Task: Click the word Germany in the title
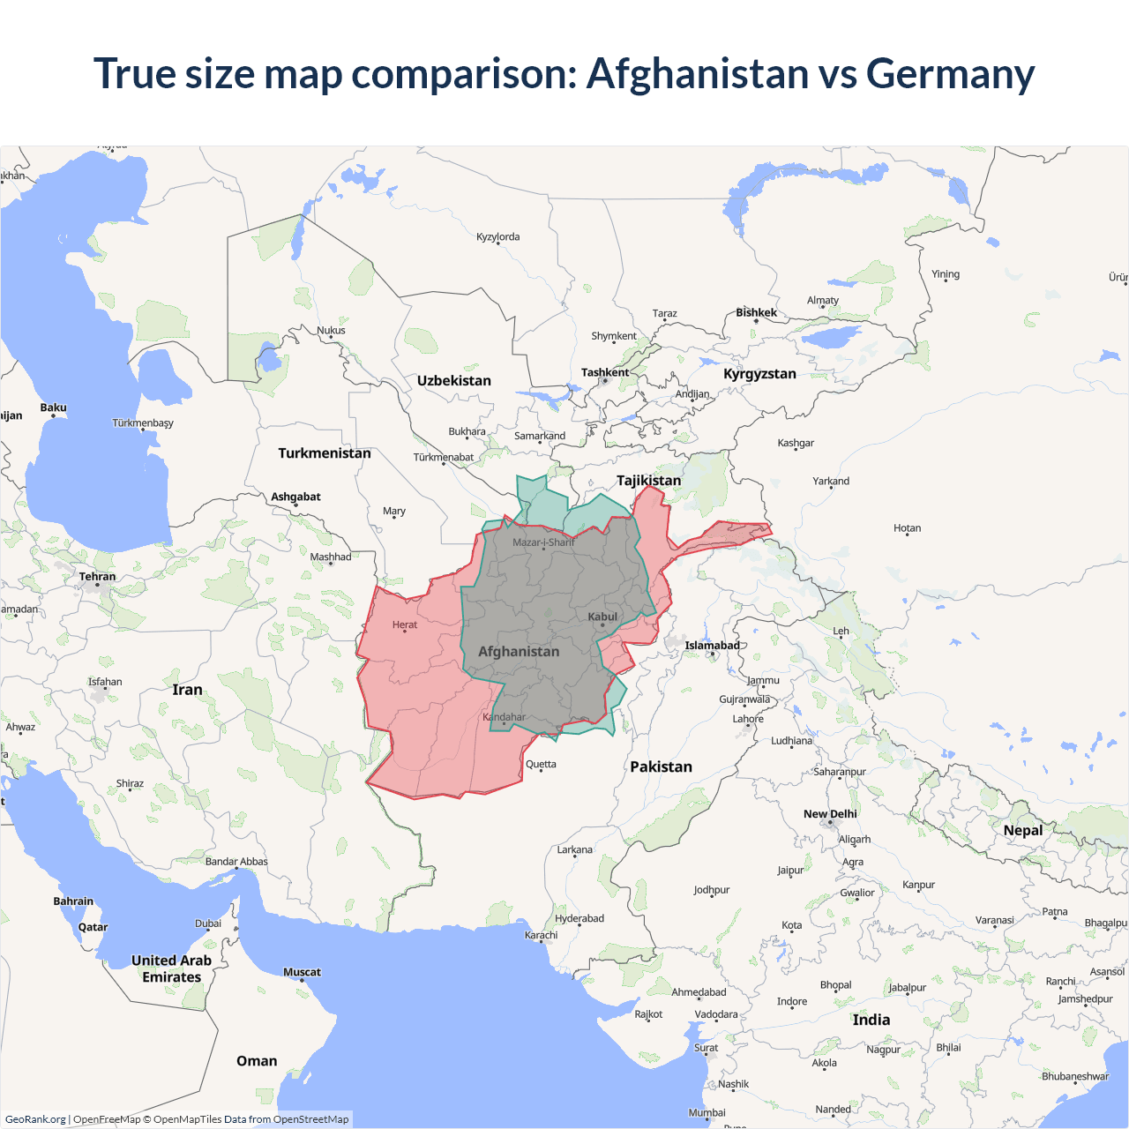[x=950, y=74]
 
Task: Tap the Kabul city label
[x=602, y=617]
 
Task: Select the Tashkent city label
[x=605, y=372]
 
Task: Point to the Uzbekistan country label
[x=454, y=380]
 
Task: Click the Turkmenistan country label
[x=325, y=452]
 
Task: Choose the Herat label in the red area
[x=405, y=624]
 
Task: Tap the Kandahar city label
[x=505, y=716]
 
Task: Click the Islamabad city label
[x=712, y=645]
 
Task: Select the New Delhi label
[x=830, y=813]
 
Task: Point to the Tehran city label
[x=97, y=576]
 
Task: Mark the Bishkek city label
[x=757, y=312]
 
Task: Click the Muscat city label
[x=302, y=972]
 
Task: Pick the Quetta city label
[x=541, y=764]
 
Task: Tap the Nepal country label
[x=1023, y=830]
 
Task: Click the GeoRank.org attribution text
[x=35, y=1119]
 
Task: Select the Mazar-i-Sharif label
[x=543, y=542]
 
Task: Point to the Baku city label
[x=53, y=407]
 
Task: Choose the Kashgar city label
[x=796, y=443]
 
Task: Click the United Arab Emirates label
[x=172, y=968]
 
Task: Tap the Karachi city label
[x=541, y=935]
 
